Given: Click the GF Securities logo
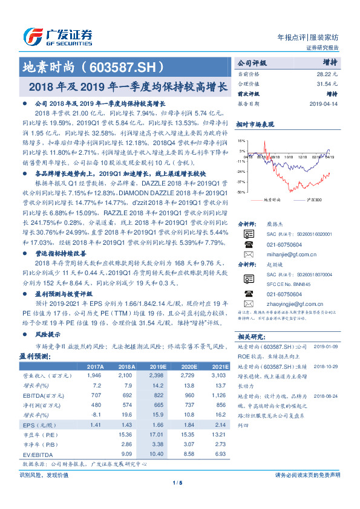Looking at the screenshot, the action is click(x=57, y=35).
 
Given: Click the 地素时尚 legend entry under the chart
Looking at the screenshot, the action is click(x=273, y=199).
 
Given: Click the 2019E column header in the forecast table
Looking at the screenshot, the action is click(x=158, y=367).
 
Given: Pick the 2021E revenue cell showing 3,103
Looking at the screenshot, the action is click(x=220, y=375).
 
